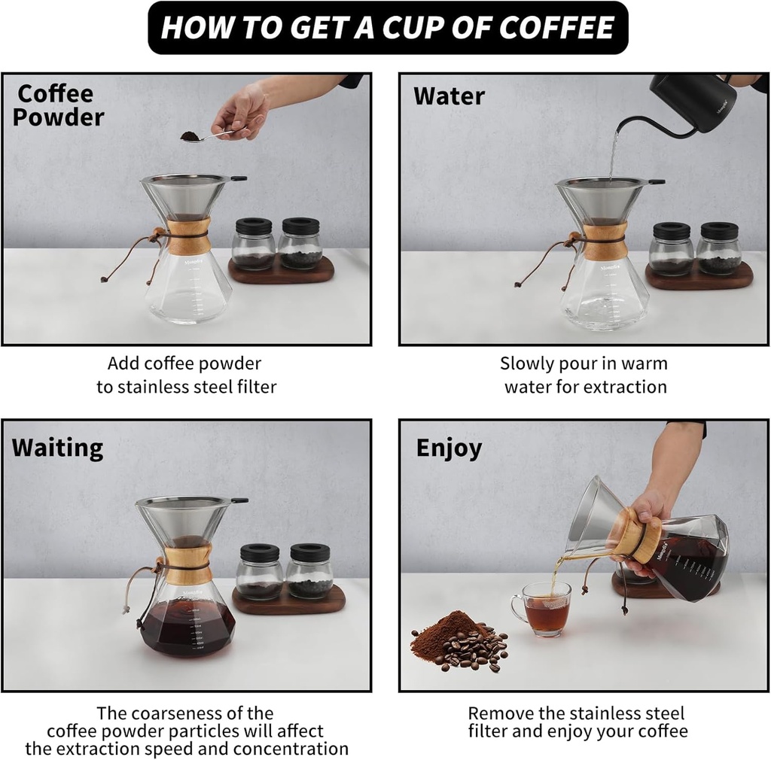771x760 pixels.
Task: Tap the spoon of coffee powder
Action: [192, 136]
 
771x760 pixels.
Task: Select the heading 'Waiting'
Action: [57, 448]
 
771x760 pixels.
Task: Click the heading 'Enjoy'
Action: [449, 448]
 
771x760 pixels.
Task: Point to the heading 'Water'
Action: [449, 96]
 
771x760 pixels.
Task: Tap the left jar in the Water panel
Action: [671, 250]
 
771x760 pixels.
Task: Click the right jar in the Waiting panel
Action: [309, 572]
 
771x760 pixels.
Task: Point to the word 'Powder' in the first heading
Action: [58, 117]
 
